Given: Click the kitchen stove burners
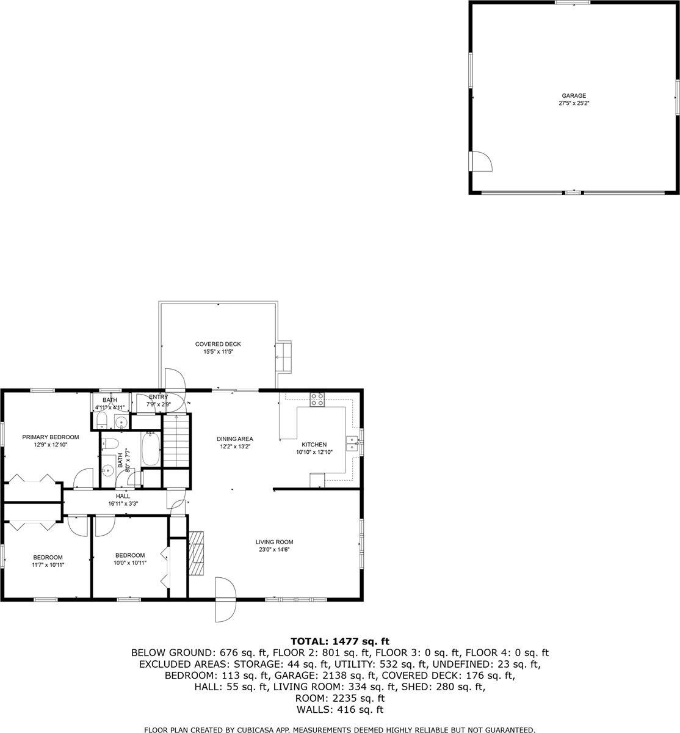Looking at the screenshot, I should tap(317, 399).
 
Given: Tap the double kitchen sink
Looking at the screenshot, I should tap(352, 443).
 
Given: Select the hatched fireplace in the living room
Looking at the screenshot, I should tap(197, 553).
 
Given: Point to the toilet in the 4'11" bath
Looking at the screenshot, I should tap(102, 421).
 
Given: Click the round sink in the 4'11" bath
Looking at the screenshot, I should tap(121, 421).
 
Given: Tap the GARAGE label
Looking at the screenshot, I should tap(574, 96).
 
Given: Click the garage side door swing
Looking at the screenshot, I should tap(482, 161).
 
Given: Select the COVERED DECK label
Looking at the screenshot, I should tap(218, 345).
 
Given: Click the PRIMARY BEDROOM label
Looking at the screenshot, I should tap(51, 437).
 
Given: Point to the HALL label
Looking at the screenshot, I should tap(123, 496).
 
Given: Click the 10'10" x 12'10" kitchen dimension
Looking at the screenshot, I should tap(314, 453).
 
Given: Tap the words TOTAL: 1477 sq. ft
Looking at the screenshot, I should tap(339, 641).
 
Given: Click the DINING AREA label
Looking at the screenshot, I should tap(235, 439).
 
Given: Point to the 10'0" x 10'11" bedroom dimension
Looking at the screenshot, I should tap(129, 563).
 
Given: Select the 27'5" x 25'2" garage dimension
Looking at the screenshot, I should tap(574, 104).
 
